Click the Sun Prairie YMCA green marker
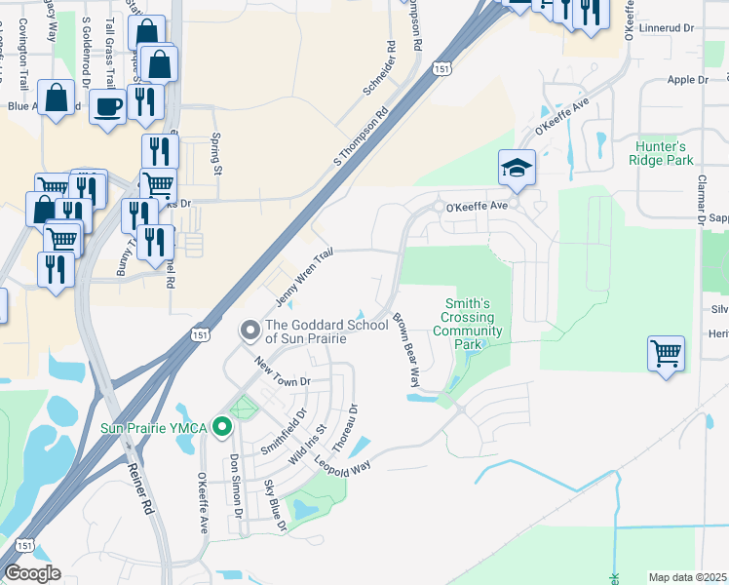pos(223,427)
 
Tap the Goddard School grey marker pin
pos(250,332)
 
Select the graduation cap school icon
pos(517,166)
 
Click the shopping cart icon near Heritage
pos(666,352)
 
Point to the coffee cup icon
pos(107,105)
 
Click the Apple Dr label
pos(686,80)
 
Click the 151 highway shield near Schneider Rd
pos(441,69)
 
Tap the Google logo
pos(32,573)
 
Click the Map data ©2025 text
pos(687,577)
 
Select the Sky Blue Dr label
pos(274,506)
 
